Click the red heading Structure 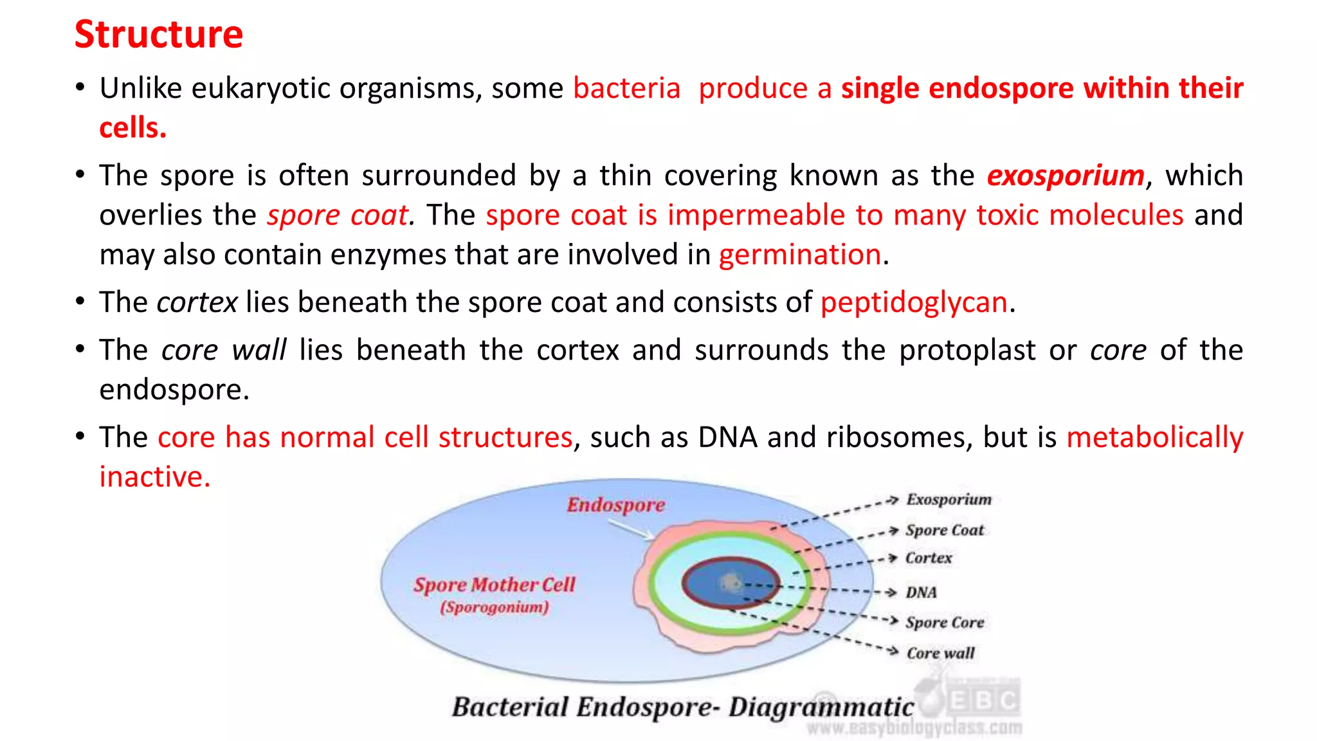(x=159, y=34)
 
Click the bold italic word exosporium (x=1066, y=176)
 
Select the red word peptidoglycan (x=913, y=302)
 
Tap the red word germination (x=799, y=255)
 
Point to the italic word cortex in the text (x=197, y=302)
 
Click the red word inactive (x=154, y=477)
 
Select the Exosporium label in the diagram (x=949, y=500)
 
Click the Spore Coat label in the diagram (x=944, y=530)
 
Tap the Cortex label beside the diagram (x=928, y=558)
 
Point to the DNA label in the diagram (x=921, y=592)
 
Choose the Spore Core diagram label (x=944, y=623)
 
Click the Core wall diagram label (x=940, y=654)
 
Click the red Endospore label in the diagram (x=615, y=505)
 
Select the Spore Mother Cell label (x=494, y=585)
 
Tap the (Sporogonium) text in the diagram (x=494, y=607)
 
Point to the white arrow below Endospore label (x=630, y=529)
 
